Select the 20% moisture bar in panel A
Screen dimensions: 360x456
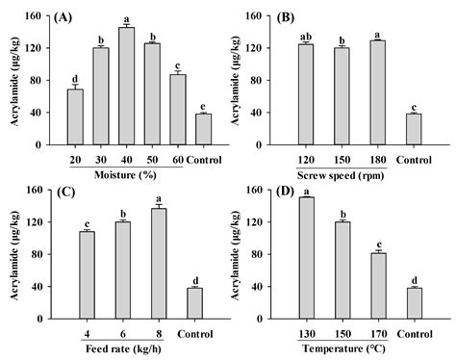[x=74, y=117]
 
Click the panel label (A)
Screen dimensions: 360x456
[x=67, y=16]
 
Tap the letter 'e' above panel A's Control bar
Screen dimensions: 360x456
[x=204, y=106]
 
